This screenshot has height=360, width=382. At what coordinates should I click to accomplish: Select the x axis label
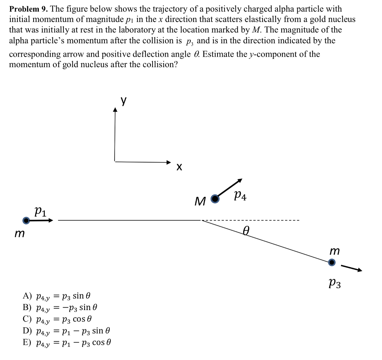point(179,167)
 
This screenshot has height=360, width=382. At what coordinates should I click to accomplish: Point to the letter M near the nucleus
point(200,202)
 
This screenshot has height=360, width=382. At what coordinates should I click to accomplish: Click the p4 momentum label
point(240,196)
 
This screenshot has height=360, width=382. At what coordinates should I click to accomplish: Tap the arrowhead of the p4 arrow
point(240,180)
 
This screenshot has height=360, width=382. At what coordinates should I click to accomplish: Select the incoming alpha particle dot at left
point(26,221)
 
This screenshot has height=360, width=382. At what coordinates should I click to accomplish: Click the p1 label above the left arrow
point(40,211)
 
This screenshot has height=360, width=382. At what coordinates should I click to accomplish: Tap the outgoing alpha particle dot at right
point(332,263)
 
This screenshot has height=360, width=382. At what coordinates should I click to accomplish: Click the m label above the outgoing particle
point(335,251)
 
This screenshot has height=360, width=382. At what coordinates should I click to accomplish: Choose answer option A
point(56,296)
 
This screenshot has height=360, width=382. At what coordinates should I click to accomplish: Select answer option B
point(60,307)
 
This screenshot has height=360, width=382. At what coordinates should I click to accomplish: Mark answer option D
point(66,331)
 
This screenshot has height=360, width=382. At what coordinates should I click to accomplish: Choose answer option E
point(67,342)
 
